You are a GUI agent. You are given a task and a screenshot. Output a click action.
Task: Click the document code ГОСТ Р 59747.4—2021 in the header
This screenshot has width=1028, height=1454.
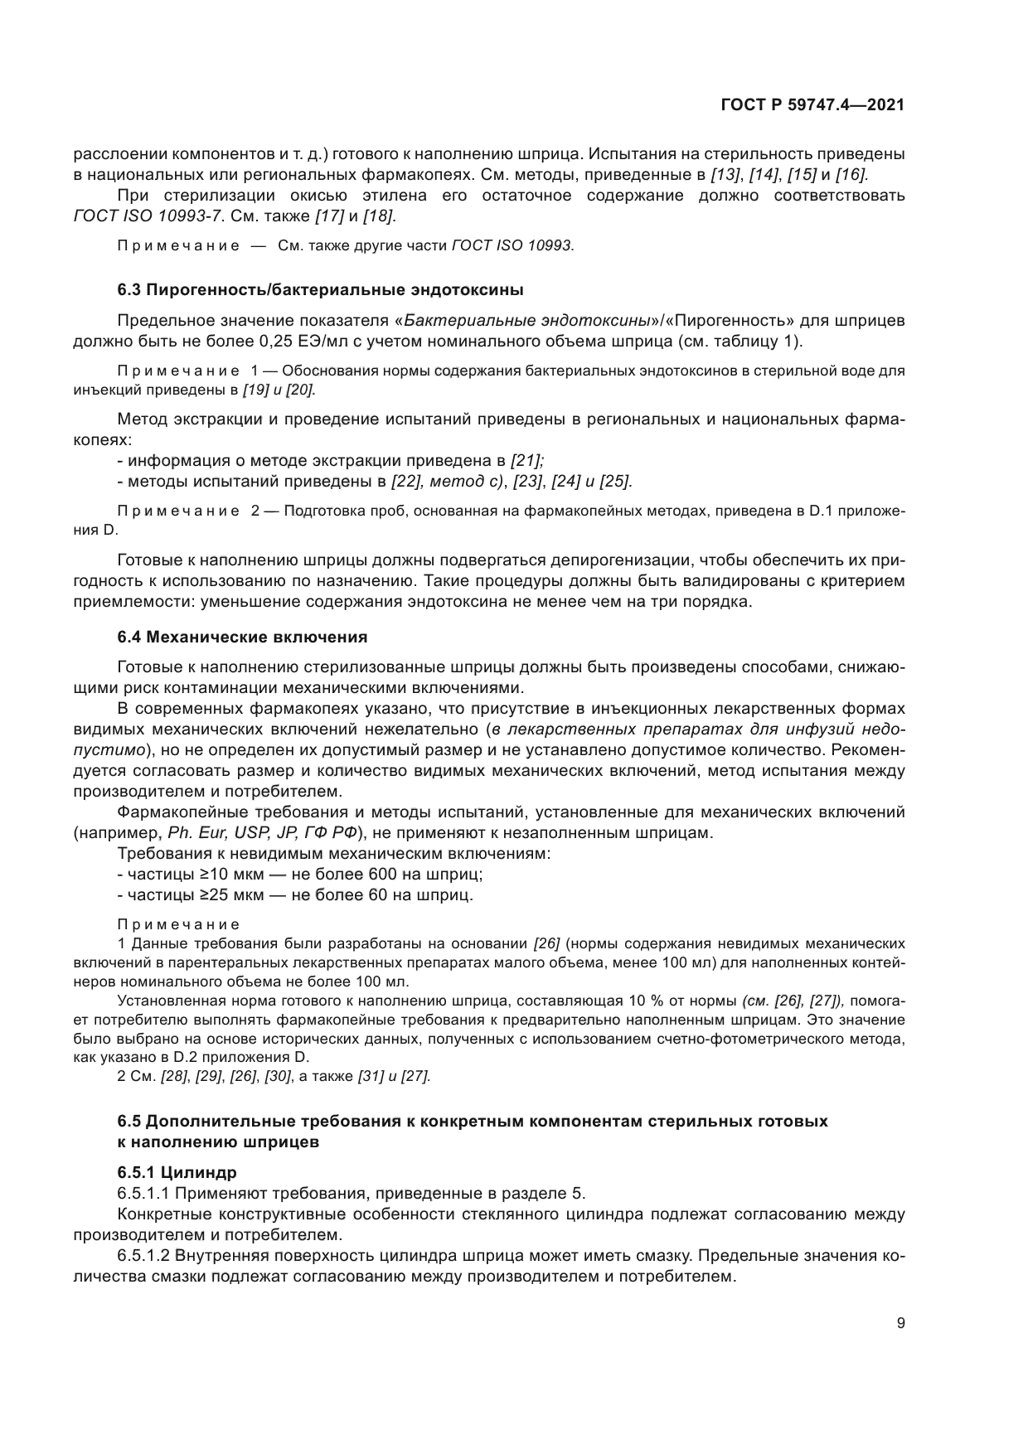point(812,105)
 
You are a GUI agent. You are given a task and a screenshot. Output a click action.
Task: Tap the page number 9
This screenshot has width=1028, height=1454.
point(900,1323)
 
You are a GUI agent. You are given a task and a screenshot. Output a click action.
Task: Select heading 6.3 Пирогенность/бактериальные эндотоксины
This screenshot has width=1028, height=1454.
point(320,290)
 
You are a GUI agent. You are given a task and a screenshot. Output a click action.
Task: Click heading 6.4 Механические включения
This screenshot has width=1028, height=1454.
point(242,637)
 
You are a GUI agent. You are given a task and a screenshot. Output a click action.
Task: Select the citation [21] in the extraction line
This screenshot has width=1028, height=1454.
point(526,460)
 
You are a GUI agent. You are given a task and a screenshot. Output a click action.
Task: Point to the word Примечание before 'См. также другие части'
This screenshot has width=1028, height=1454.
point(179,246)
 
